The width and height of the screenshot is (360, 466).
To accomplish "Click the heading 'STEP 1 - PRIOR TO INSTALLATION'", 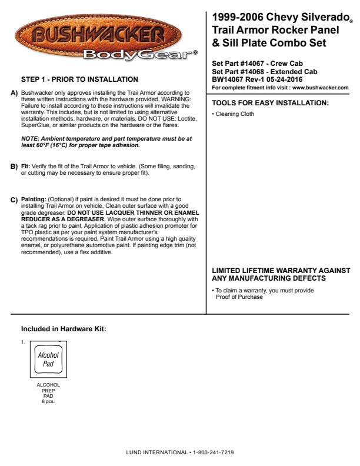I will (x=80, y=79).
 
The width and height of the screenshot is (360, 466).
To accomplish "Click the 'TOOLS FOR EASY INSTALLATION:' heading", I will (x=270, y=103).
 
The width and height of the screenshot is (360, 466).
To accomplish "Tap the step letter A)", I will (x=15, y=94).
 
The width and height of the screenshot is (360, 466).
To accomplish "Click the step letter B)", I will (x=15, y=167).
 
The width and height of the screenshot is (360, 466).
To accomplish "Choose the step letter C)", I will (x=15, y=200).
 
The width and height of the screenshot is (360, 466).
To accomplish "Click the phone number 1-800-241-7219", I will (x=214, y=452).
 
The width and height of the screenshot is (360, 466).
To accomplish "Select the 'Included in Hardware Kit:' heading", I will (x=64, y=329).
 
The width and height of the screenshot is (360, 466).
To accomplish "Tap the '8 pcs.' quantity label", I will (x=48, y=401).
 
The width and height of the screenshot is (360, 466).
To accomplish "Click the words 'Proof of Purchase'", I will (x=239, y=297).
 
